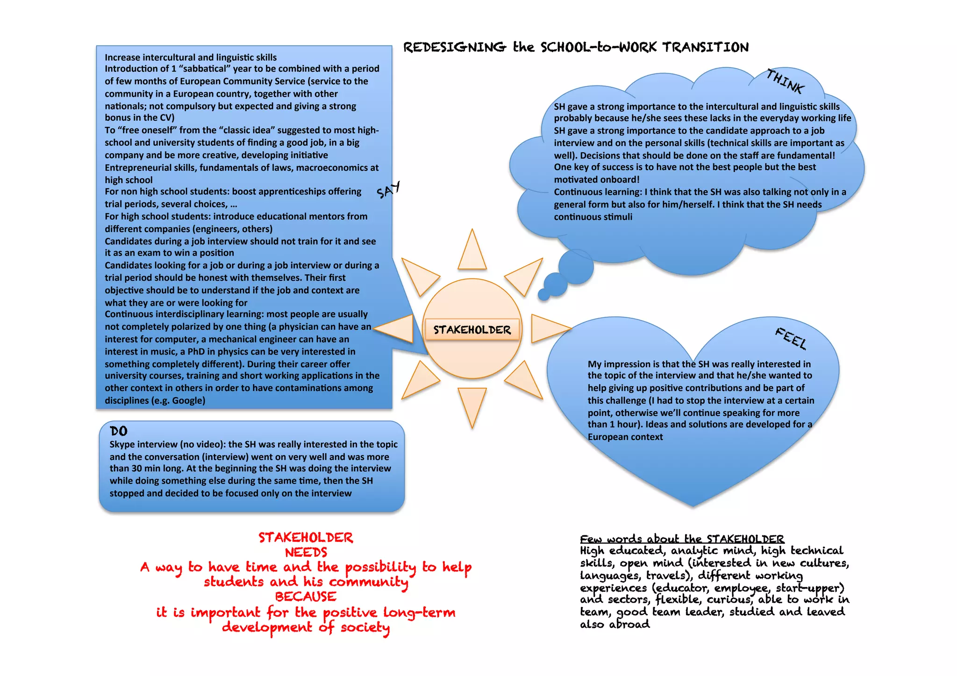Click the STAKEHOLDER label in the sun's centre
click(x=472, y=330)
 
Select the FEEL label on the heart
click(x=791, y=338)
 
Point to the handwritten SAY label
click(x=388, y=190)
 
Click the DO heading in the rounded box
click(x=119, y=431)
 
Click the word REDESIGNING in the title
click(x=454, y=47)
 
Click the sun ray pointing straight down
click(x=472, y=404)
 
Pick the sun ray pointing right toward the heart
click(x=548, y=328)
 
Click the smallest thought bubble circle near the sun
click(x=543, y=294)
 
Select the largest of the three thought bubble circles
click(x=576, y=267)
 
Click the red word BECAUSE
click(x=306, y=597)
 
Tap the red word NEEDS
click(x=306, y=552)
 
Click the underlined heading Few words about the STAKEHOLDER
click(x=682, y=539)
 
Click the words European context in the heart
click(x=625, y=437)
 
